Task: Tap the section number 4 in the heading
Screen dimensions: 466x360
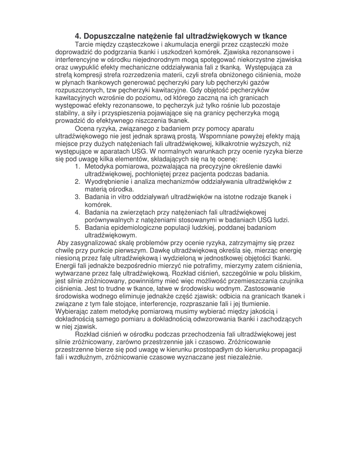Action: (x=78, y=36)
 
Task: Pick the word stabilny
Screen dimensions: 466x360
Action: (x=67, y=113)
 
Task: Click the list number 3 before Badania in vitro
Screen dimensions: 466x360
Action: (x=78, y=197)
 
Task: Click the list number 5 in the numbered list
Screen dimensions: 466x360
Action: (x=78, y=228)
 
